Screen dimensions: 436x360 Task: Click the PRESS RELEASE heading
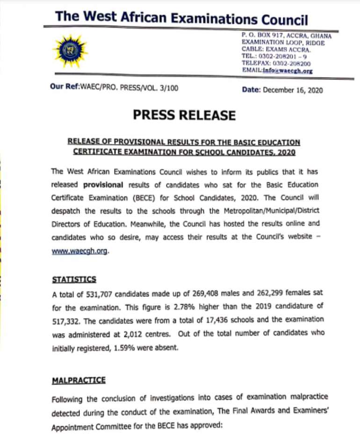tap(184, 115)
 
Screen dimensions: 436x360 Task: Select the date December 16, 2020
tap(293, 90)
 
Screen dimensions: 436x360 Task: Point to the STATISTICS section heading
tap(74, 279)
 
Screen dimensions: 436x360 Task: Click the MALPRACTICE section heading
tap(79, 380)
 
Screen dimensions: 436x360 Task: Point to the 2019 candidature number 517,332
tap(66, 320)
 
